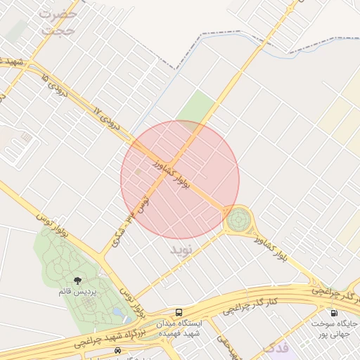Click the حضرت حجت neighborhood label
point(58,22)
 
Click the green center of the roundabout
point(238,221)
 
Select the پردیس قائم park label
point(86,291)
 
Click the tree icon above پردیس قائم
point(86,281)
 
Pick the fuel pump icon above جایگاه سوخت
point(333,312)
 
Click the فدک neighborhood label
point(275,349)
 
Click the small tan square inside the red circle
point(139,172)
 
